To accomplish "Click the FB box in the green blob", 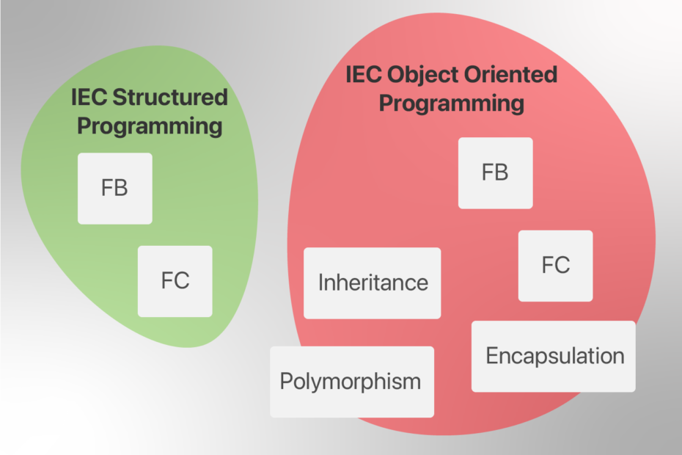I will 114,188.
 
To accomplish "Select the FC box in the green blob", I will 175,281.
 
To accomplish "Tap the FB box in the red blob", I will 495,172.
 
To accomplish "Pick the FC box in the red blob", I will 555,266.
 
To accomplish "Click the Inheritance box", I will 372,283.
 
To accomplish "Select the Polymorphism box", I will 351,382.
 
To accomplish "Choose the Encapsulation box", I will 554,356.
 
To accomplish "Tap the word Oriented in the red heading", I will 511,75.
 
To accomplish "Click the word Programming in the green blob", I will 150,125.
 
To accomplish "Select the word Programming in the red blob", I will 451,103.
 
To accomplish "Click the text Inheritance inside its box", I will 373,283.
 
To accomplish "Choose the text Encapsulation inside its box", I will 554,356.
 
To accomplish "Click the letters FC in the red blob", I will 555,266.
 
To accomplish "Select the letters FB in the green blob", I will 114,188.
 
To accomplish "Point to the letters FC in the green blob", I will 175,281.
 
